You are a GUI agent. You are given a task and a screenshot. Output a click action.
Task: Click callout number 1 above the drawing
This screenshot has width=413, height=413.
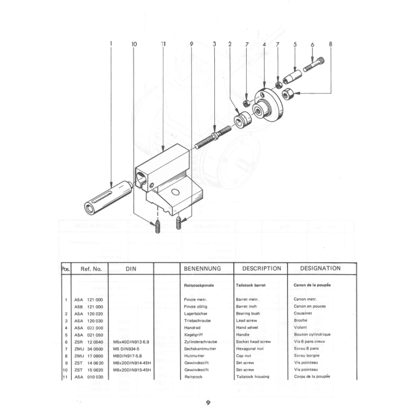(111, 45)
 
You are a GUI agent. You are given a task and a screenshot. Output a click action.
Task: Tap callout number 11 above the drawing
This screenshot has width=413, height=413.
(163, 45)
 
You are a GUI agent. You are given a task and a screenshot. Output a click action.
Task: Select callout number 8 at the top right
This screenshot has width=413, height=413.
(330, 45)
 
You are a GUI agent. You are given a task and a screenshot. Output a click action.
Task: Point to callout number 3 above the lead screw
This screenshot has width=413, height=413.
(214, 45)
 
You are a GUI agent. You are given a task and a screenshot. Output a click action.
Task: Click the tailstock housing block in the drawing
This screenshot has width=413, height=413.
(168, 181)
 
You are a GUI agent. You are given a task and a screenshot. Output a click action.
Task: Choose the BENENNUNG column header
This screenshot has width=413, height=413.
(202, 269)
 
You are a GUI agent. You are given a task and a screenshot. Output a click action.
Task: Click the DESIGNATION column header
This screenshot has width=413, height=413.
(320, 268)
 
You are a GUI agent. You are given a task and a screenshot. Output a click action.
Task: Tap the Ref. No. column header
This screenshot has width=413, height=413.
(91, 269)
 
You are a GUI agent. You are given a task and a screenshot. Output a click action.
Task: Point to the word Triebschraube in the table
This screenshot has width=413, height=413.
(198, 321)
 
